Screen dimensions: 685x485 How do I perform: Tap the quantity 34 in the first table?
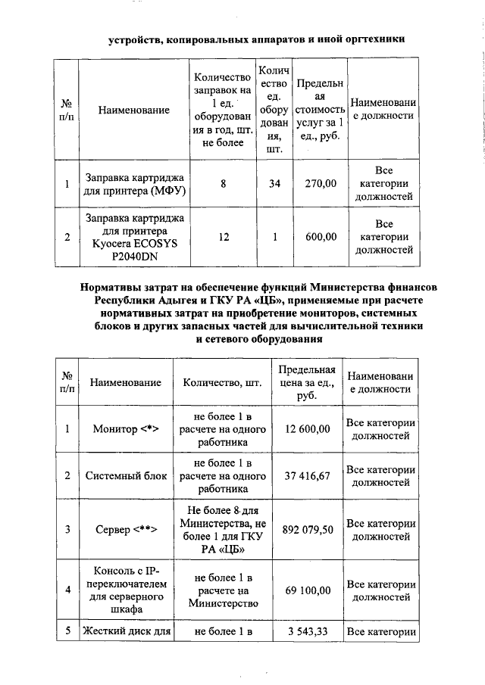[274, 183]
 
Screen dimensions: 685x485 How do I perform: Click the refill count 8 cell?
[223, 183]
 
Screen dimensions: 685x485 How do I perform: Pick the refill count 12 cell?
[223, 237]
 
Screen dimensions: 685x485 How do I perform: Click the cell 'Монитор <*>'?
[125, 429]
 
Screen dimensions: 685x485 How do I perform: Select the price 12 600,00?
[307, 429]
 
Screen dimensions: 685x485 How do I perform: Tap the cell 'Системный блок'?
[125, 475]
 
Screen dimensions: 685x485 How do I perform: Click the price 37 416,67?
[307, 475]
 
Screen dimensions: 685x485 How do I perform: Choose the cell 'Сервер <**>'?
[125, 528]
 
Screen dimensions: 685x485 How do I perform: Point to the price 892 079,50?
[307, 528]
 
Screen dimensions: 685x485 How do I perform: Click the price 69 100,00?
[307, 589]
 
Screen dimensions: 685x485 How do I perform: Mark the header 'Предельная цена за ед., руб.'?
[307, 382]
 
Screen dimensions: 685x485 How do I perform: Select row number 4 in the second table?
[67, 589]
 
